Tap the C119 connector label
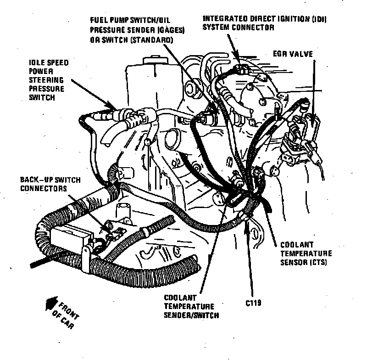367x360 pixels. (253, 304)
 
